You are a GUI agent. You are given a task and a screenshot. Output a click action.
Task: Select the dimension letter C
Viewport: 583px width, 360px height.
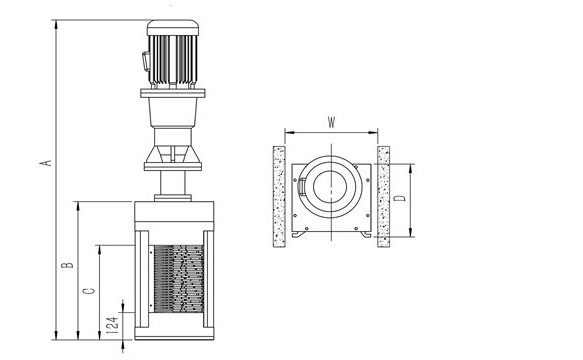[89, 290]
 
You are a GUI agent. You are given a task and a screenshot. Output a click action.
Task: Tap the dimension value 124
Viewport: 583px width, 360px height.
[113, 324]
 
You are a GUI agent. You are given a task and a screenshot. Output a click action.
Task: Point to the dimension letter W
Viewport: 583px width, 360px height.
[331, 122]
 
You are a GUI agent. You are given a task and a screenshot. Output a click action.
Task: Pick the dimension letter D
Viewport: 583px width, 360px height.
[400, 197]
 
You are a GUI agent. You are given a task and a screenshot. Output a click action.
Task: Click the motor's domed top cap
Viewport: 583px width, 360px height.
[173, 28]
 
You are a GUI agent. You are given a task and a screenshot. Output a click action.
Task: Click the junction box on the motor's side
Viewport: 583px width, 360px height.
[146, 61]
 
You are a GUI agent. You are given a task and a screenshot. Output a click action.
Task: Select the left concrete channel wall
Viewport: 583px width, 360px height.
[279, 197]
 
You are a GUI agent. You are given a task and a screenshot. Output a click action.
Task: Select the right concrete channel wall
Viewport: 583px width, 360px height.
[383, 196]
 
